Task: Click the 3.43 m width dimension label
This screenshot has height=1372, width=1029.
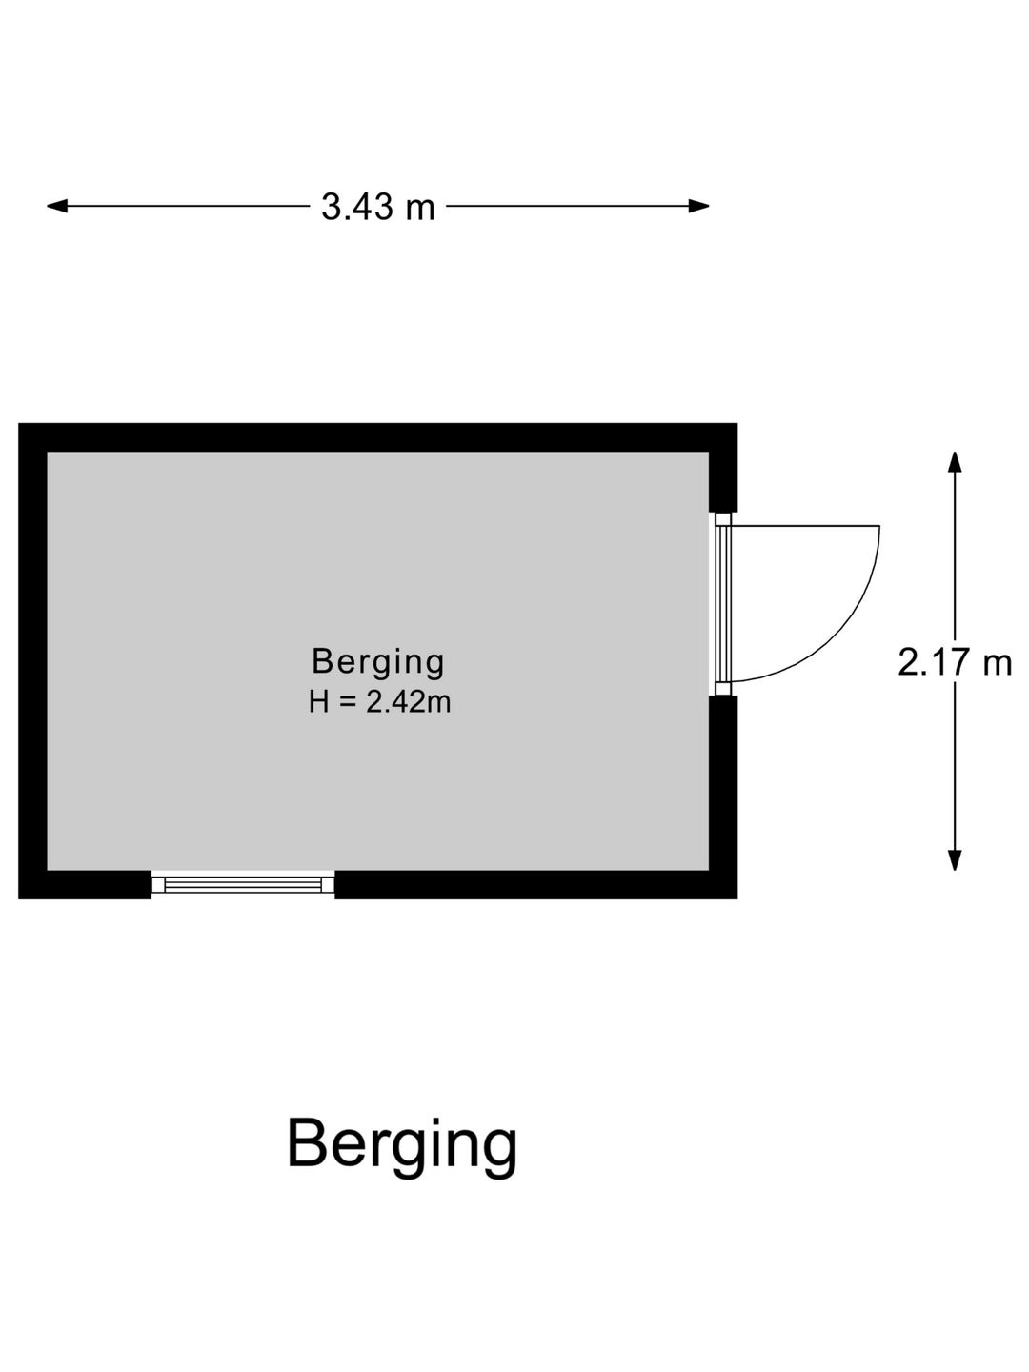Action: coord(377,206)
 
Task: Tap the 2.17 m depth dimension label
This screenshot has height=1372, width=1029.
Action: coord(954,662)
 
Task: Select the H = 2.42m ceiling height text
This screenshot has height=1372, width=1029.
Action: coord(379,702)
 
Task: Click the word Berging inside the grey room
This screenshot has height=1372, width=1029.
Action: coord(378,662)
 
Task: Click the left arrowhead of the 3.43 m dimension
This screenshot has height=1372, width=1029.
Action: coord(57,206)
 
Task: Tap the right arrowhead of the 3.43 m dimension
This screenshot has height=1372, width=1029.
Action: coord(698,206)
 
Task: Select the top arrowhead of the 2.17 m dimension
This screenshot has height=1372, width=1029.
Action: coord(954,461)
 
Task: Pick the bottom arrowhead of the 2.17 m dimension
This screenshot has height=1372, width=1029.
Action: coord(954,860)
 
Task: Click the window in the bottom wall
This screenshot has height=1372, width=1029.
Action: coord(243,884)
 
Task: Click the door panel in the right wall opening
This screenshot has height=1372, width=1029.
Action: coord(723,604)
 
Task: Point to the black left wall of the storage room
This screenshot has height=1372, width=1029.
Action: coord(32,660)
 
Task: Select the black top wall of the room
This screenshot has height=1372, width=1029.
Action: coord(377,437)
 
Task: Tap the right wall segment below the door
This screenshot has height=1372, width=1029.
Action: coord(723,797)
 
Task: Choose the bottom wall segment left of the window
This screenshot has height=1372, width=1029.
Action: coord(85,884)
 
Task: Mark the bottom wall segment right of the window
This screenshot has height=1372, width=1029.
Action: coord(536,884)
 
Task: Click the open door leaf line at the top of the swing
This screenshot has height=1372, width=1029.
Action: coord(805,526)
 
